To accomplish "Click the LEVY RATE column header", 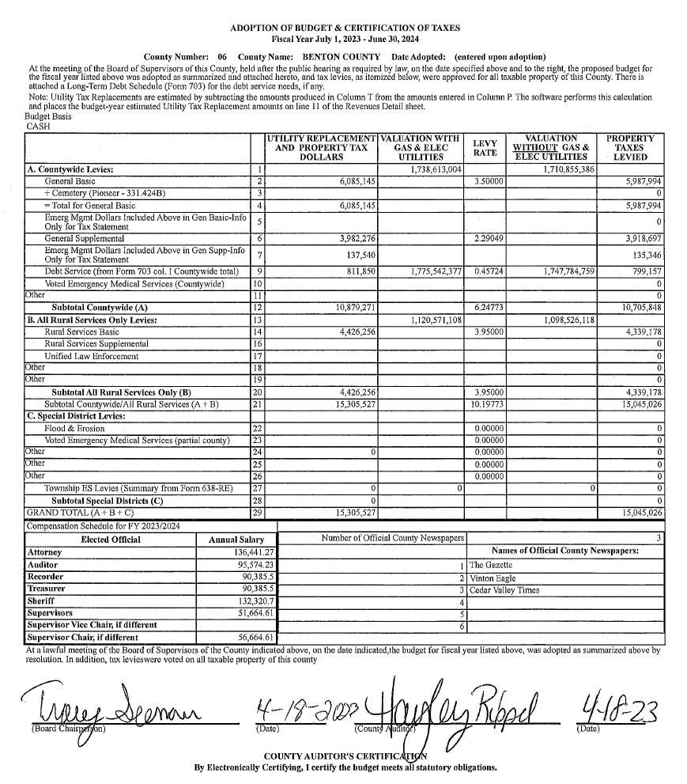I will [485, 147].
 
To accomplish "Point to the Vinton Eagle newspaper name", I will [493, 578].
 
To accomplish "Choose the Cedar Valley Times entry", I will [504, 590].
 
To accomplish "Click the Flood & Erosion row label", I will [74, 428].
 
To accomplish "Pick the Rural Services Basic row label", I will [81, 332].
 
